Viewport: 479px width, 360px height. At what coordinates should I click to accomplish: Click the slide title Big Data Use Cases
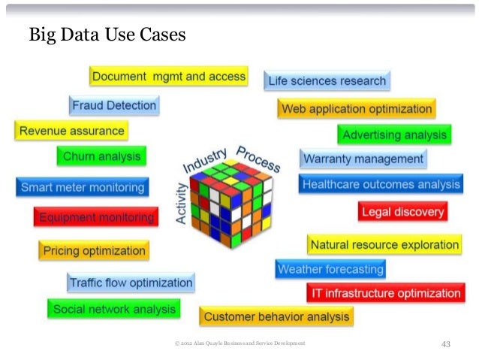[107, 35]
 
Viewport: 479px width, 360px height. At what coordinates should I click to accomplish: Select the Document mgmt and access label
[168, 76]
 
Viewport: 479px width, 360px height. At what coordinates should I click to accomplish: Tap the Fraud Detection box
[114, 106]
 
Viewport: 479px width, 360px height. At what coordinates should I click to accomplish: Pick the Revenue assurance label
[71, 131]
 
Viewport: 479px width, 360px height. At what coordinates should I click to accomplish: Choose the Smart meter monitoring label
[82, 187]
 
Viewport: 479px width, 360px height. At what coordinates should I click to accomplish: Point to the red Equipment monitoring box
[95, 217]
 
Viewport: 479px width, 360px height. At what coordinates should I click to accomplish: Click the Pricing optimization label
[94, 250]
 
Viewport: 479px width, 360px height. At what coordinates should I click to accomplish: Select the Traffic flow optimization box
[131, 283]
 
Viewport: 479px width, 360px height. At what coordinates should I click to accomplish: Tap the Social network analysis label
[114, 309]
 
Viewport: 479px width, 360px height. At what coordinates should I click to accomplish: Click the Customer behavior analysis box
[276, 317]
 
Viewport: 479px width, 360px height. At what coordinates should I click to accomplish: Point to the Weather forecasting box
[330, 268]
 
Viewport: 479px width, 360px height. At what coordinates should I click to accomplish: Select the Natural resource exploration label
[384, 244]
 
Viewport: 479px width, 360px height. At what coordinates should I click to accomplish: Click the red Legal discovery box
[402, 212]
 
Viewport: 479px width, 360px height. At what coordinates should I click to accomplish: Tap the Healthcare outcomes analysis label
[381, 184]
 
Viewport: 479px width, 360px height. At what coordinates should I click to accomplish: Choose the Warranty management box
[363, 159]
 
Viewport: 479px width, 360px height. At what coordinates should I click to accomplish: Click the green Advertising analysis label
[394, 135]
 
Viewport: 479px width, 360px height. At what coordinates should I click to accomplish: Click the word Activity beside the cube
[181, 204]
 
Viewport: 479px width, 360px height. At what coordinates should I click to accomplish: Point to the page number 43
[445, 344]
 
